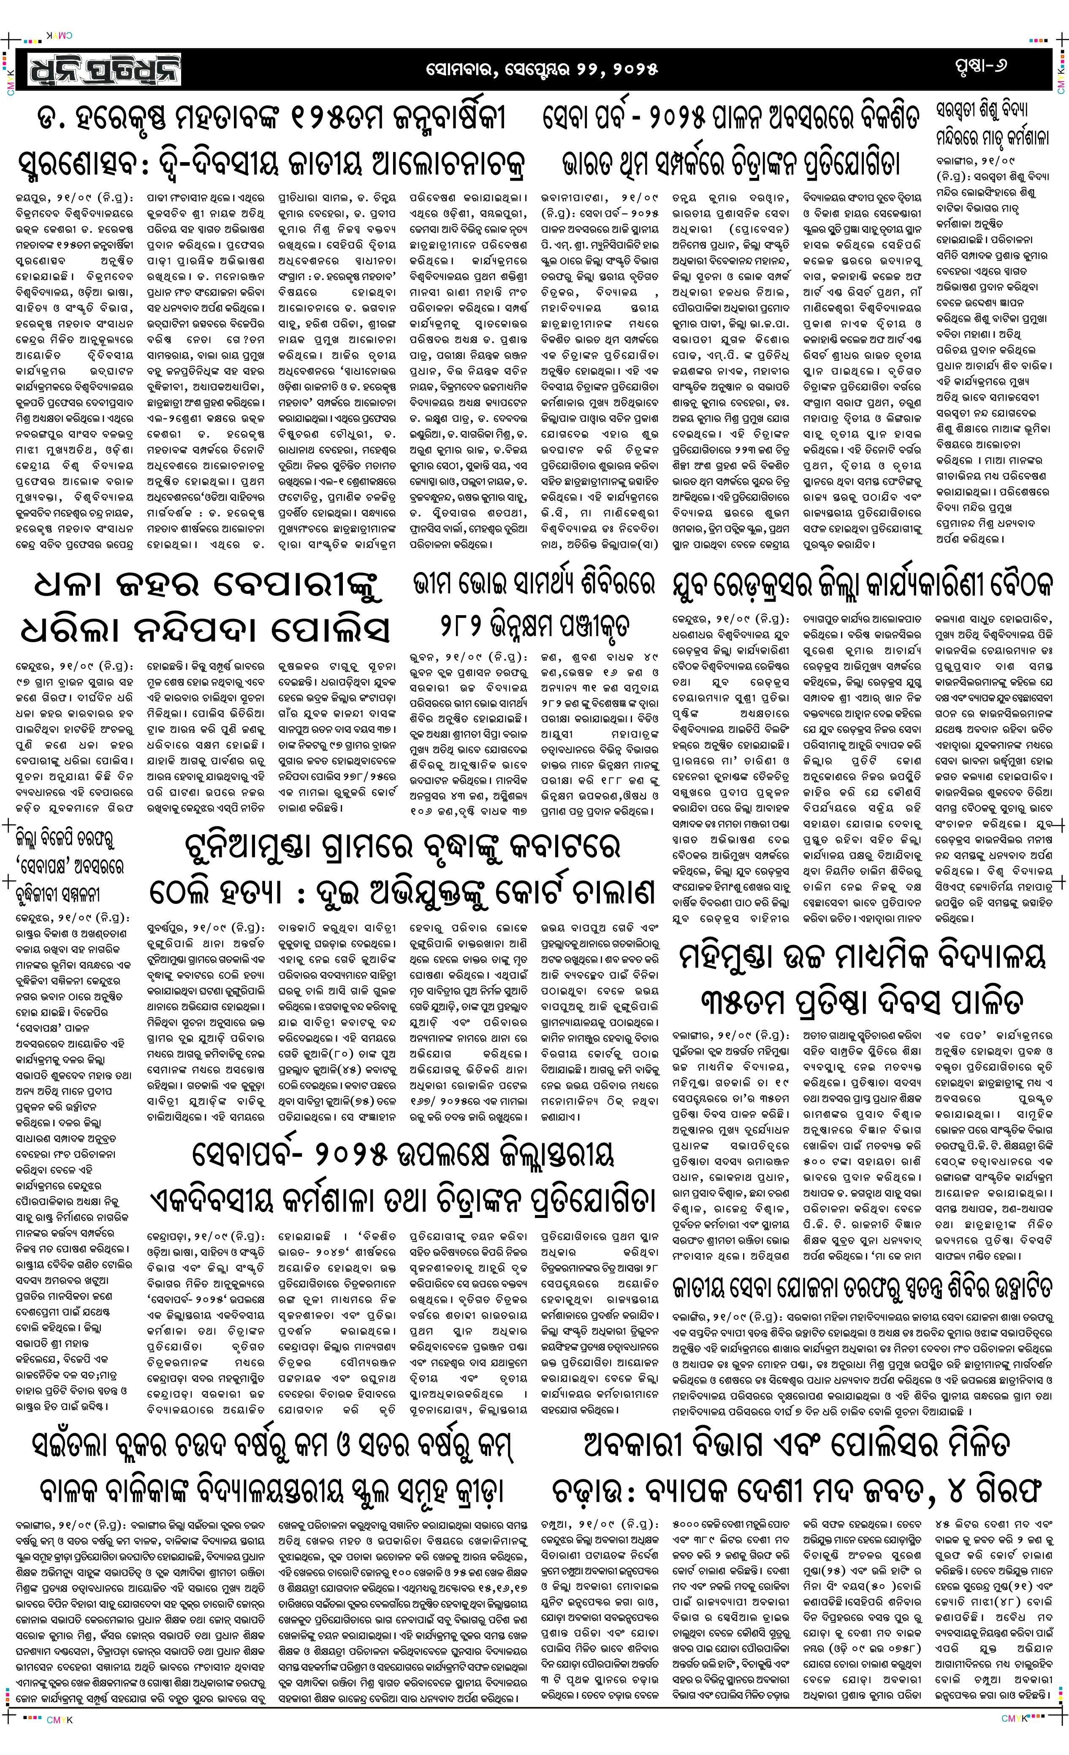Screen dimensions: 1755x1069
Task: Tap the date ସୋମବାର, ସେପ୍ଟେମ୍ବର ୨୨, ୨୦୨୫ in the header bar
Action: click(541, 70)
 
